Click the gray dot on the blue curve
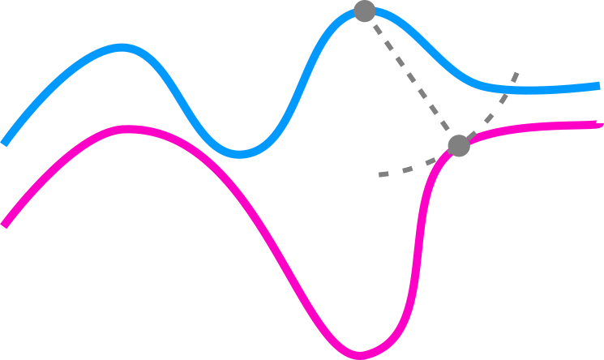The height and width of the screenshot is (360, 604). pos(365,11)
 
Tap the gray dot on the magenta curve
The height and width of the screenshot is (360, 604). pos(459,145)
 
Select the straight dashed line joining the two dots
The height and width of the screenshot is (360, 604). pos(412,79)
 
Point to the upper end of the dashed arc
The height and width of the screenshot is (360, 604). pos(516,74)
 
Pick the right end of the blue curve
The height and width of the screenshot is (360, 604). pos(598,85)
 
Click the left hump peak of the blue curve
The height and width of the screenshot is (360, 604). pos(122,48)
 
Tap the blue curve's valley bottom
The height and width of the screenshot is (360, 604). pos(241,153)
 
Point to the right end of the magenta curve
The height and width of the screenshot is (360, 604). pos(600,124)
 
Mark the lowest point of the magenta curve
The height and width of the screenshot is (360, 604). pos(360,354)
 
